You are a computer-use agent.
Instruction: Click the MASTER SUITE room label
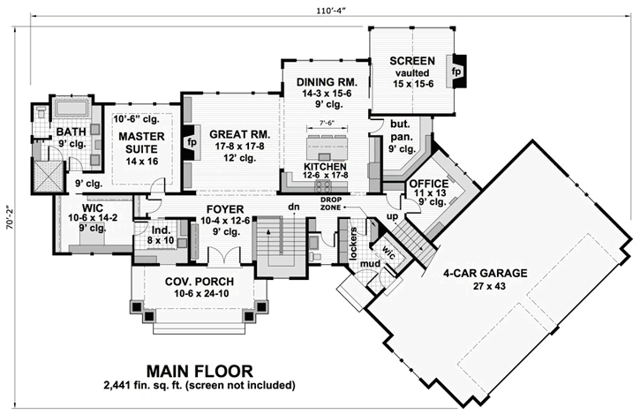coord(137,143)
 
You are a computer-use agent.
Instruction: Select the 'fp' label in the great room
coord(191,141)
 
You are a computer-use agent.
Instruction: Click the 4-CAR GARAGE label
coord(486,273)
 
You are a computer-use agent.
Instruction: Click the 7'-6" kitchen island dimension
coord(328,123)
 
